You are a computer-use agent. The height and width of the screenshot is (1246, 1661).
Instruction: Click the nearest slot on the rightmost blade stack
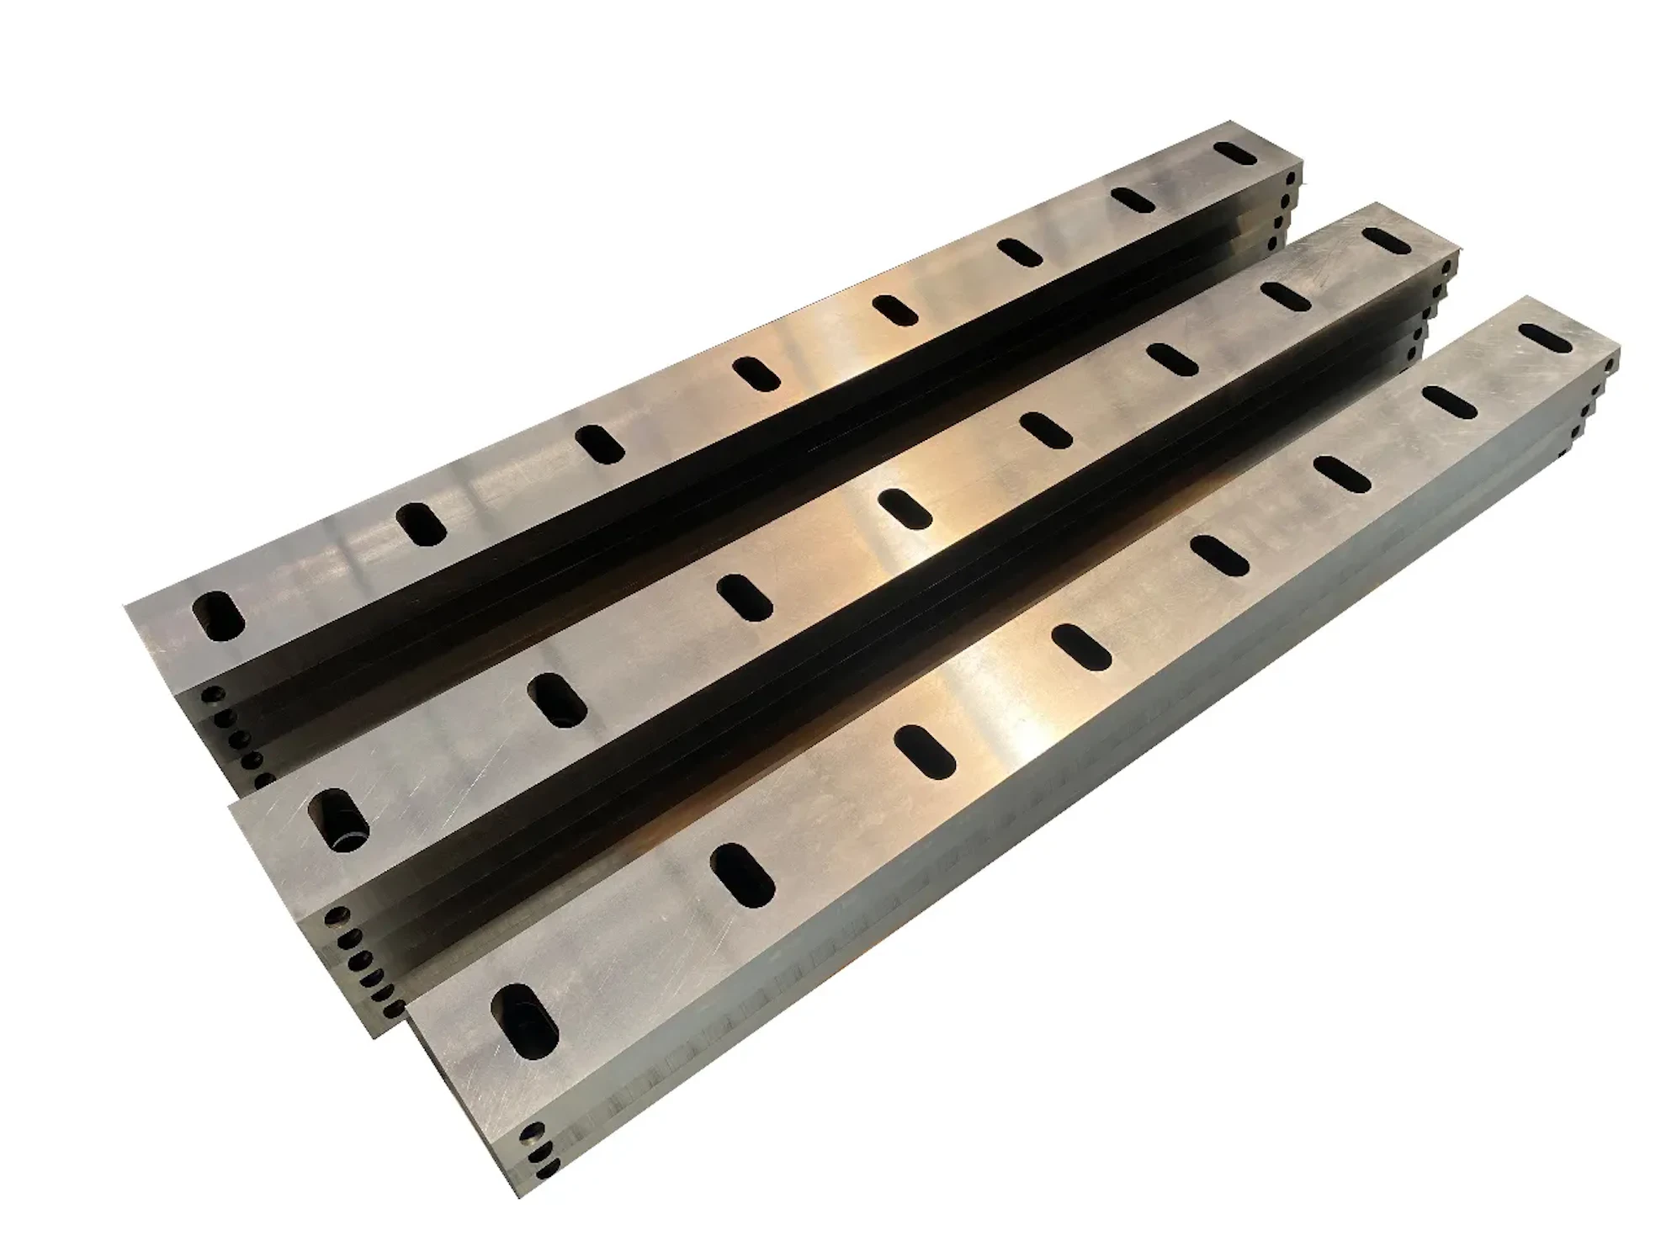click(x=524, y=1017)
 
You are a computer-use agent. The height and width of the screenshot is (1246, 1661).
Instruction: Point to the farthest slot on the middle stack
click(x=1388, y=241)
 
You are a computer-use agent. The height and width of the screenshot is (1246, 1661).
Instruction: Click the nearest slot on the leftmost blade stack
click(x=218, y=617)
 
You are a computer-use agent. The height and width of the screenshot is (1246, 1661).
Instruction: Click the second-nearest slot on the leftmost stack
click(x=422, y=525)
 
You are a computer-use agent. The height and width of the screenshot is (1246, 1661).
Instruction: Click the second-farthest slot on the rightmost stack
click(x=1450, y=401)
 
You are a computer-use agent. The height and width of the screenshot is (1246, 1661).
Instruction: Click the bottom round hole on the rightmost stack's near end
click(x=549, y=1169)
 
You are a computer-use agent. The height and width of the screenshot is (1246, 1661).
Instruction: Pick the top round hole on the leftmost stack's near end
click(x=213, y=695)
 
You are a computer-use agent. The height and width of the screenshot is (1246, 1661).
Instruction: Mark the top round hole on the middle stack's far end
click(x=1446, y=270)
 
